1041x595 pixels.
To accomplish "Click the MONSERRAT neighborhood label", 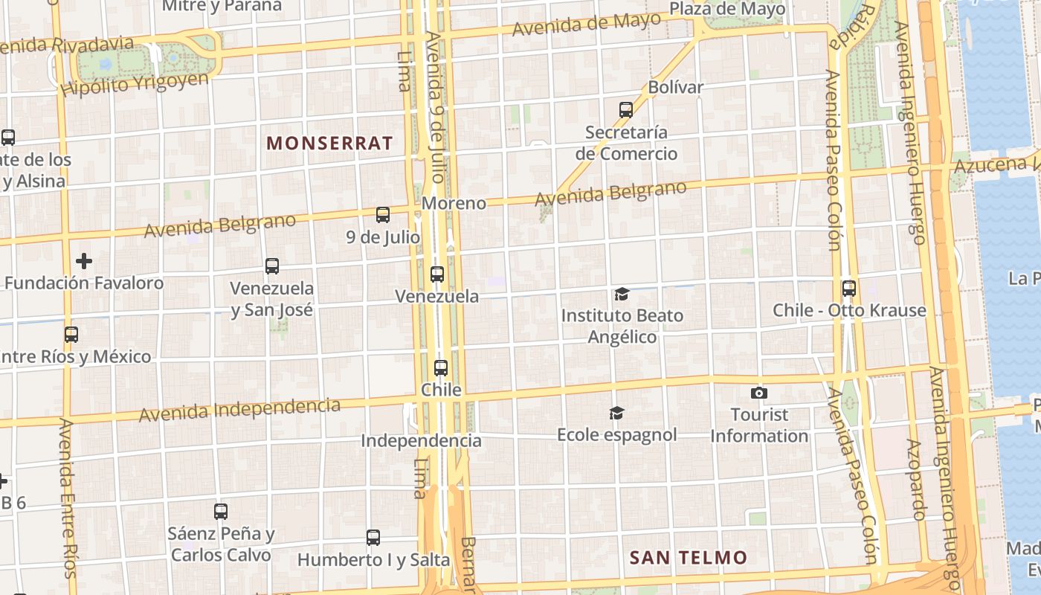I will click(329, 144).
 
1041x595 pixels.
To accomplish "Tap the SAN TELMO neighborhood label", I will click(688, 557).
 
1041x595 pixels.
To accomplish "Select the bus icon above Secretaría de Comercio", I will click(626, 110).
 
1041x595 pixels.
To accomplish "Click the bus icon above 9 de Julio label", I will click(383, 215).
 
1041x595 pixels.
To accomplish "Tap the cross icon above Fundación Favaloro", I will click(84, 261).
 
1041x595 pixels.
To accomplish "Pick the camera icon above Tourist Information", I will click(758, 393).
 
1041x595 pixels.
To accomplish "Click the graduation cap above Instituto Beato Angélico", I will click(622, 295).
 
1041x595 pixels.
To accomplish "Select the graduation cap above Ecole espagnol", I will click(616, 413).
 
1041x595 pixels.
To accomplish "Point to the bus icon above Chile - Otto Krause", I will click(849, 289).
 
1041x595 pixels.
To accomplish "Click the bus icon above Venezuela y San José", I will click(272, 266).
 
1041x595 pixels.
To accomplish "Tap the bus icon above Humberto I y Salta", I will click(373, 537).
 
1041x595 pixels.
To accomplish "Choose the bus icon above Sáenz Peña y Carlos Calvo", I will click(221, 512).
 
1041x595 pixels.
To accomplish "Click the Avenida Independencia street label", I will click(239, 410).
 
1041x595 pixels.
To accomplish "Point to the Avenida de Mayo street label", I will click(586, 25).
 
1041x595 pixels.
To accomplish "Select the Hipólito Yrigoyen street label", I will click(135, 83).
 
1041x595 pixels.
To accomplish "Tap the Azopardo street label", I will click(915, 479).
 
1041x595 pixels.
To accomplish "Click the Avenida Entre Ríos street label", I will click(67, 497).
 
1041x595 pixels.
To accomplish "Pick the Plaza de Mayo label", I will click(727, 9).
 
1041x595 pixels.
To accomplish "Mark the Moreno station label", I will click(454, 203).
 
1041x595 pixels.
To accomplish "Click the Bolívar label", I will click(675, 87).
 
